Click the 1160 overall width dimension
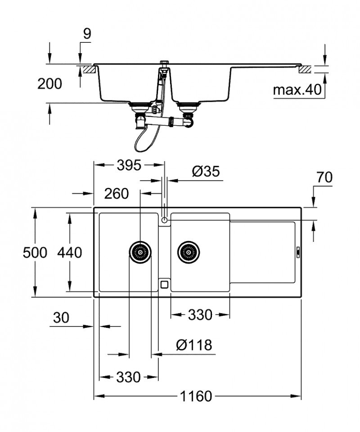point(196,397)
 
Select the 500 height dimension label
point(35,253)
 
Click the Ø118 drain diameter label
point(193,346)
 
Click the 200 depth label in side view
point(49,83)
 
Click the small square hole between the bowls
point(165,284)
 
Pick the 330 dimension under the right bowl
point(200,315)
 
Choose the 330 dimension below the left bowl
point(129,377)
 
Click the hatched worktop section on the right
point(306,70)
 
